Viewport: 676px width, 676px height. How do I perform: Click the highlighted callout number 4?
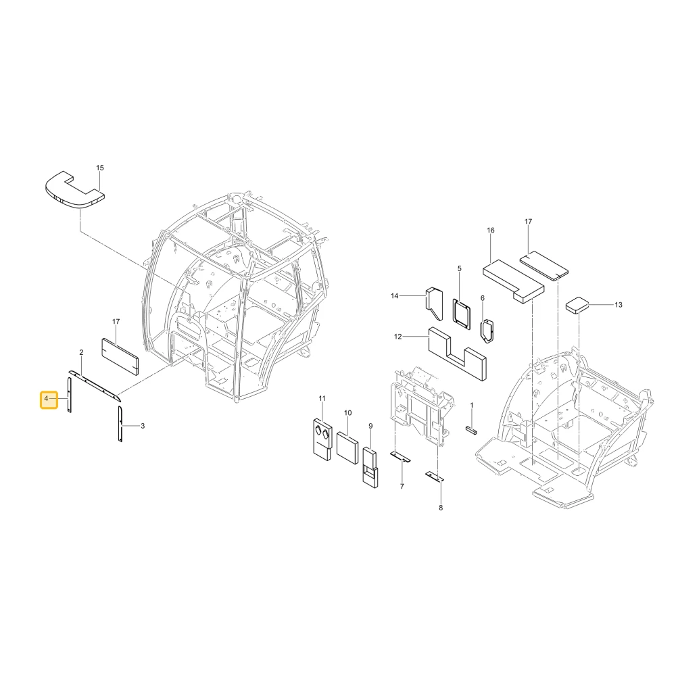(x=46, y=399)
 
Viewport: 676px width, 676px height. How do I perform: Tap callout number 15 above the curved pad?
(x=100, y=168)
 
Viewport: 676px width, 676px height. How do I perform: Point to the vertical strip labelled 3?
(x=120, y=424)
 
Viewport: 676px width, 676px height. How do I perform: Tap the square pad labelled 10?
(x=347, y=448)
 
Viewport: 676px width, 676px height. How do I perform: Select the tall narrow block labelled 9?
(x=370, y=467)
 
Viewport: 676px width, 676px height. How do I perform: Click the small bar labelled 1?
(x=471, y=431)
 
